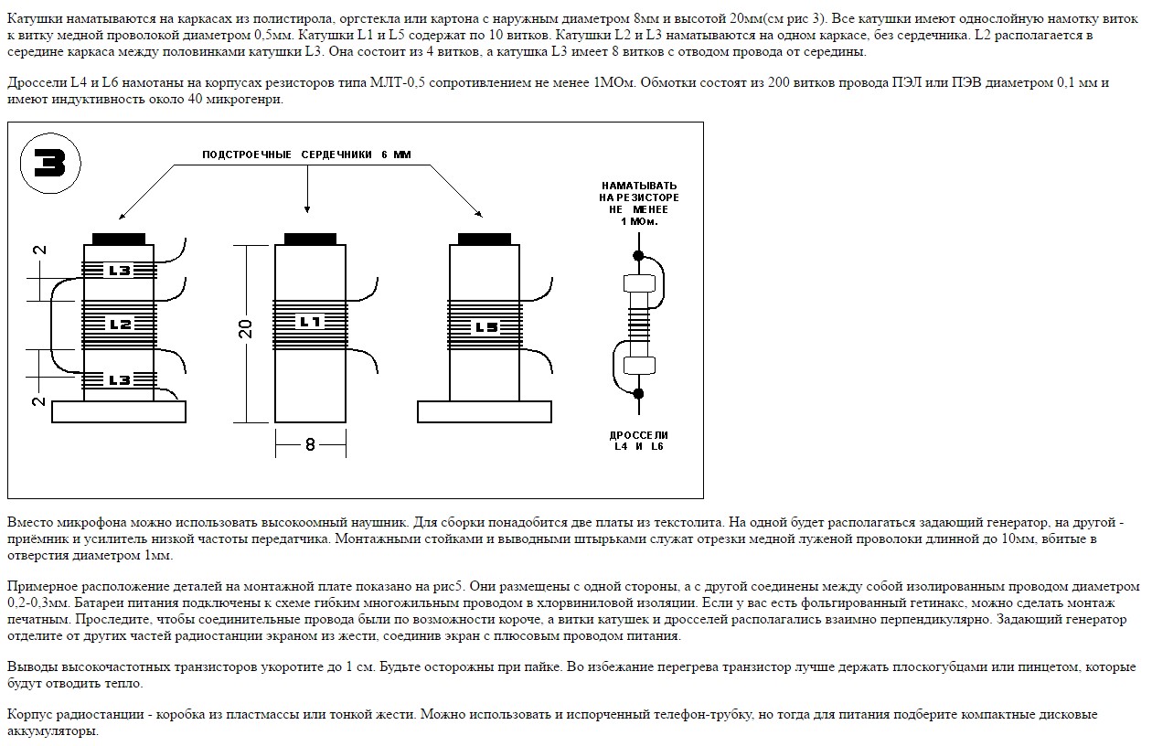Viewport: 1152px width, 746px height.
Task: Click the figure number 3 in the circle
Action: [x=50, y=164]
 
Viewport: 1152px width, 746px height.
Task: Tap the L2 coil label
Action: [x=120, y=324]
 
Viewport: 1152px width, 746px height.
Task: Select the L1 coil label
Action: [x=310, y=322]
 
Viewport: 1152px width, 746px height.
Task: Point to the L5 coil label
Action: [x=485, y=326]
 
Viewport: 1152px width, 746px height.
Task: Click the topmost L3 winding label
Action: [x=120, y=271]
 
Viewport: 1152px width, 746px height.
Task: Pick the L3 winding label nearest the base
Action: [x=120, y=379]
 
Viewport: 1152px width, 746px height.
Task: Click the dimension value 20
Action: [x=245, y=330]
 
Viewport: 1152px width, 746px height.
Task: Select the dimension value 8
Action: [x=310, y=444]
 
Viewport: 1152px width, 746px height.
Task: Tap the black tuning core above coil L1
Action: [x=310, y=239]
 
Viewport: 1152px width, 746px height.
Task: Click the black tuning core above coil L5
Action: [x=484, y=239]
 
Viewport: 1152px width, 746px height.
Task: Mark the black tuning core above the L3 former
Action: [x=120, y=239]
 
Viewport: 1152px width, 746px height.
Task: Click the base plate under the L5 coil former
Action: [x=485, y=411]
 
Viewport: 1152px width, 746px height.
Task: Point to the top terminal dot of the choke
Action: [x=638, y=255]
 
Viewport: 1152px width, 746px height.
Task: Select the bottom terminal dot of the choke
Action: [x=638, y=394]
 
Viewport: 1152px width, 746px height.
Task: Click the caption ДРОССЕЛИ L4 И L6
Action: [x=639, y=441]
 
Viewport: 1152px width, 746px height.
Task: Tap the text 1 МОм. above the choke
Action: [x=639, y=221]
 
